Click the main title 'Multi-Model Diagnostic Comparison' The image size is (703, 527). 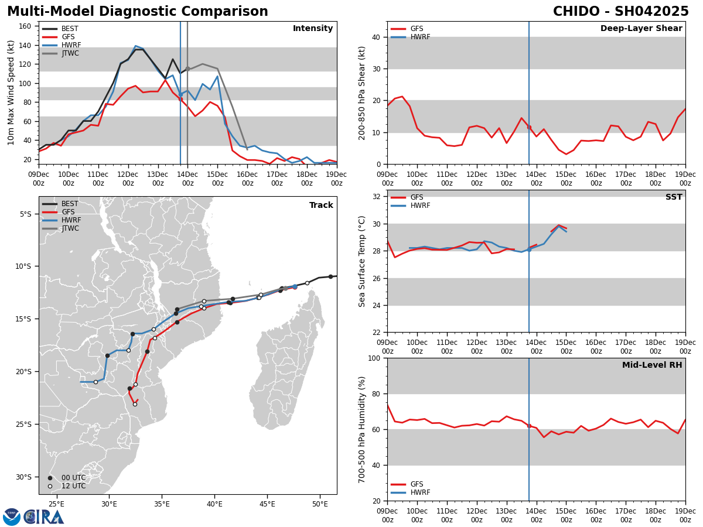point(138,12)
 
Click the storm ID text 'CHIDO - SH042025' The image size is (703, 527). point(620,12)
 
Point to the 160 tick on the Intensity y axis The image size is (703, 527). point(26,26)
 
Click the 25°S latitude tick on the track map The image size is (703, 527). point(26,424)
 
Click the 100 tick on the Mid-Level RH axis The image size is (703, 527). point(376,358)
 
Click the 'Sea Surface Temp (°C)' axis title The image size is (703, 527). point(363,261)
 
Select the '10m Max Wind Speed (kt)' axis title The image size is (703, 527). point(11,93)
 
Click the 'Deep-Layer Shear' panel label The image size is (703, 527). point(641,29)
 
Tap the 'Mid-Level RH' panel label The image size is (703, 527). point(652,365)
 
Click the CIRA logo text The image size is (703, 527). point(45,517)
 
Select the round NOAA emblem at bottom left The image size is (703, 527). point(12,517)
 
